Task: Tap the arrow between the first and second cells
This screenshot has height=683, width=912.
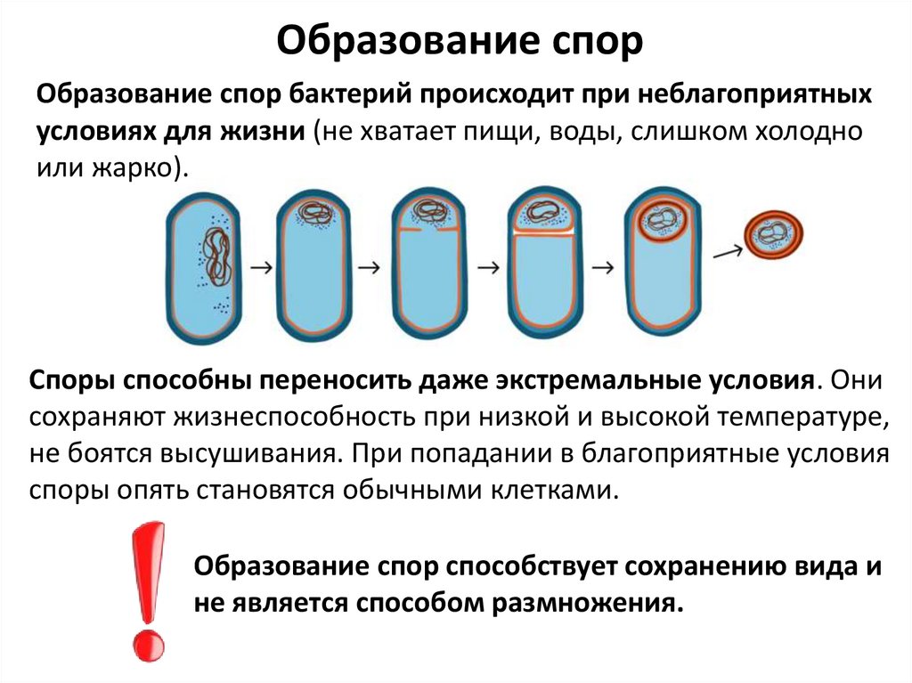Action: tap(259, 266)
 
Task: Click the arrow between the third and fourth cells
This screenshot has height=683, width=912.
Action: tap(487, 266)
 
